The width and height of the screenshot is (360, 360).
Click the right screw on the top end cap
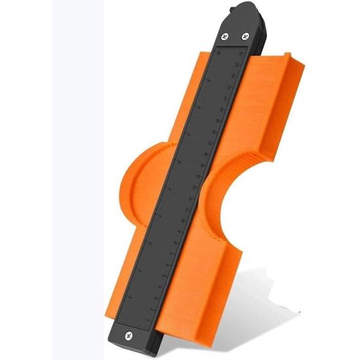245,37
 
